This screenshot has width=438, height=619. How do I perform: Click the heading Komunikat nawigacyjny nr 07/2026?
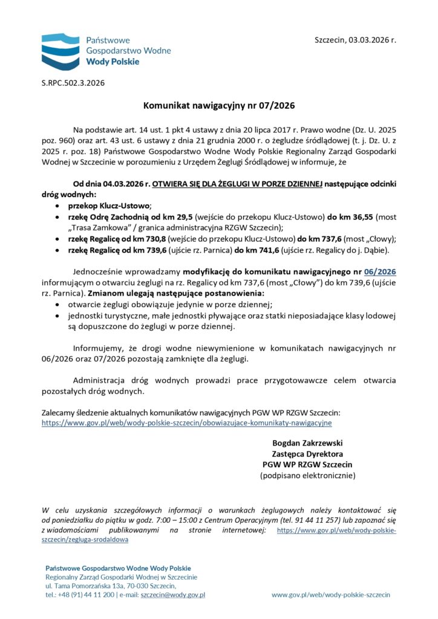[x=218, y=106]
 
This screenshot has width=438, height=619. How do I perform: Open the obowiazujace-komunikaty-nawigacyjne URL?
[x=186, y=423]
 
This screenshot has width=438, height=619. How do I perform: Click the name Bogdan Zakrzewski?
[x=307, y=442]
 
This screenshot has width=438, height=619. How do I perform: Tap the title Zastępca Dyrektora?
[x=307, y=453]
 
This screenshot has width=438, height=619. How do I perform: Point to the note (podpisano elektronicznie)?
[x=307, y=475]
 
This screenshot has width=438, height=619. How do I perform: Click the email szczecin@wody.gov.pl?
[x=172, y=595]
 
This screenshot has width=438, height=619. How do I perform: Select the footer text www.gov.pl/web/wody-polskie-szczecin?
[x=330, y=595]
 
